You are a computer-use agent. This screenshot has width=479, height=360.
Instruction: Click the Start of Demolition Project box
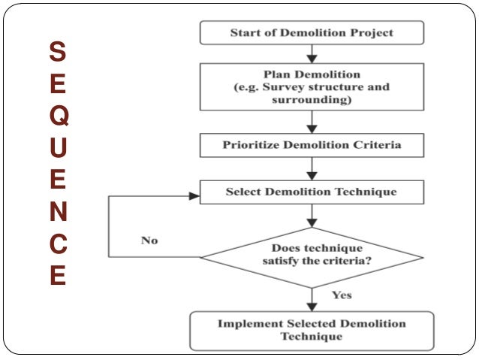312,33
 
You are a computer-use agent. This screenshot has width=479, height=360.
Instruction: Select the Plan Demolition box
312,87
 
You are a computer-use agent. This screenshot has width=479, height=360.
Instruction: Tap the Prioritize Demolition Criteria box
312,144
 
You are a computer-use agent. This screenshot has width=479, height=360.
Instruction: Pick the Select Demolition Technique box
312,192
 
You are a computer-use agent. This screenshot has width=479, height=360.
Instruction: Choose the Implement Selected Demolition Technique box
312,331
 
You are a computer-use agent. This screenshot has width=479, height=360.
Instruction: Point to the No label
149,241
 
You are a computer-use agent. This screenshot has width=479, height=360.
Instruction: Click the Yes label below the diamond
342,295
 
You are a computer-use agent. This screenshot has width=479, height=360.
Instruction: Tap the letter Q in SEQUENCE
58,116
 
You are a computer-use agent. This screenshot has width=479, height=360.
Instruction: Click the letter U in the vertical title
58,148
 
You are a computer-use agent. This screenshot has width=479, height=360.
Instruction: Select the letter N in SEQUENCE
58,213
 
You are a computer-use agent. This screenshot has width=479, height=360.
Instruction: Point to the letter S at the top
58,52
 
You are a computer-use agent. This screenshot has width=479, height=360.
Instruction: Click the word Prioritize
252,144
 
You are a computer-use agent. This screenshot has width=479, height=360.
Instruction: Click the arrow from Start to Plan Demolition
312,53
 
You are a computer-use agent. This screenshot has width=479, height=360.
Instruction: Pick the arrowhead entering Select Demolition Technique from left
195,196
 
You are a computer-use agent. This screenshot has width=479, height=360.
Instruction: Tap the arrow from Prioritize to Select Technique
312,168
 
